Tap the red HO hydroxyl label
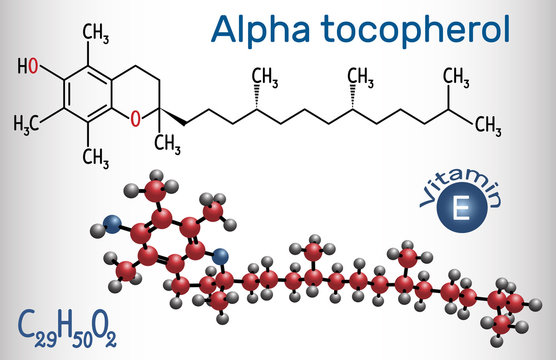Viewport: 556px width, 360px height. point(28,69)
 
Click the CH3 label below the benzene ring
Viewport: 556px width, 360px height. point(96,155)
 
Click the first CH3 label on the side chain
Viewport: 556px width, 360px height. point(265,77)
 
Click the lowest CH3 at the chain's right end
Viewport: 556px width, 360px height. point(487,124)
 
